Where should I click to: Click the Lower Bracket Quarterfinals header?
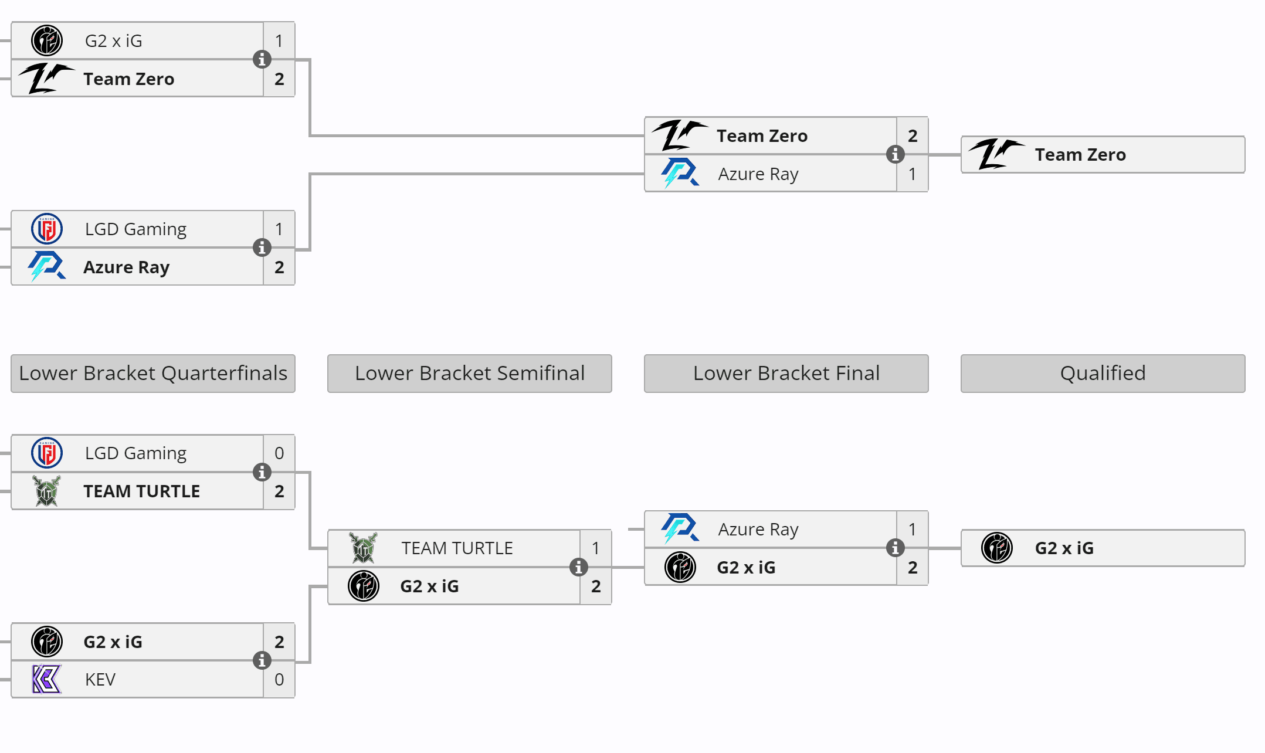pos(152,373)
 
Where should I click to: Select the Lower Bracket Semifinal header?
pos(469,373)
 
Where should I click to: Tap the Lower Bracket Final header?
pos(786,373)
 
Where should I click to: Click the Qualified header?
pos(1103,373)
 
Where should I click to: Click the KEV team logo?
pos(46,679)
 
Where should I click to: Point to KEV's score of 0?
pos(279,679)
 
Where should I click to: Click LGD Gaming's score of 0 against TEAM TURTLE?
pos(279,453)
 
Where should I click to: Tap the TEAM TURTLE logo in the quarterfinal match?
pos(46,491)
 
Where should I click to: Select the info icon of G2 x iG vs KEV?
pos(262,660)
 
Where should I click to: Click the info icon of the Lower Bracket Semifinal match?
pos(578,567)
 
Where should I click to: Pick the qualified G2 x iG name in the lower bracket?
pos(1064,548)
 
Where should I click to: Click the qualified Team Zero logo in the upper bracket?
pos(996,154)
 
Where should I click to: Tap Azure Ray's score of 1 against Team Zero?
pos(912,174)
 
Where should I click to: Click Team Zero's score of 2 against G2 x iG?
pos(279,79)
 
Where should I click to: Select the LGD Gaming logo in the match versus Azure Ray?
pos(46,229)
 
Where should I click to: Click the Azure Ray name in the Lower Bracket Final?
pos(758,529)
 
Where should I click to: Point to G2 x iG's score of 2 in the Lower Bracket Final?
pos(912,567)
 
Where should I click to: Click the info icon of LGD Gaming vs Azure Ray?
pos(262,247)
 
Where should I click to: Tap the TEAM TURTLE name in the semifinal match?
pos(457,548)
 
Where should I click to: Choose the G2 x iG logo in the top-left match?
pos(46,40)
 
